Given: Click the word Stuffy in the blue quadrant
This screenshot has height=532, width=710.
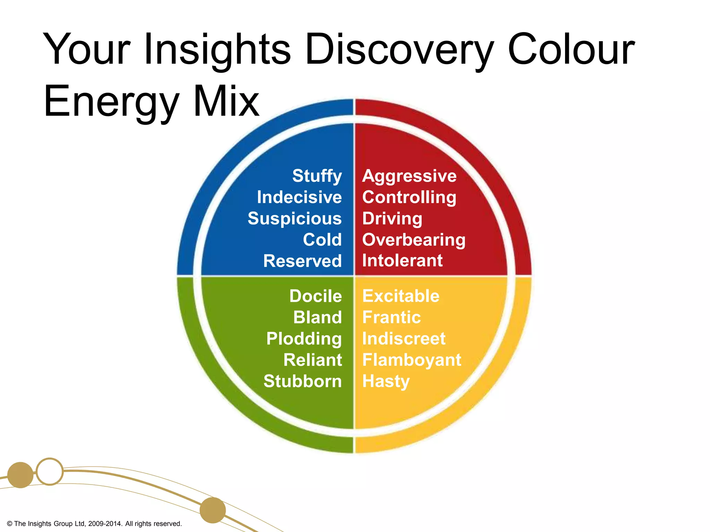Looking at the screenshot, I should [317, 176].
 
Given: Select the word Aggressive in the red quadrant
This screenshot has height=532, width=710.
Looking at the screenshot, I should [409, 176].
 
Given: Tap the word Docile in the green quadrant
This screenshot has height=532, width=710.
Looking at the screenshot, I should [315, 296].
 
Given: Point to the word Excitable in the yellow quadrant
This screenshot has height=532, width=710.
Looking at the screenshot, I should [401, 296].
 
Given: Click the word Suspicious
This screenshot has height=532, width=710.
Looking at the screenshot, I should [295, 219].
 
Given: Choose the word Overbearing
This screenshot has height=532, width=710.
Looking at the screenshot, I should [414, 240].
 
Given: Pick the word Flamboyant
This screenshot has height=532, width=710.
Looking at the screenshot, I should [412, 360].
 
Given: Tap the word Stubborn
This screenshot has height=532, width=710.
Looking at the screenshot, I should [302, 381].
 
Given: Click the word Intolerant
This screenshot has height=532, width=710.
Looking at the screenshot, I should [402, 260].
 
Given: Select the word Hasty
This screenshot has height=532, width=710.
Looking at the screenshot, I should [386, 381].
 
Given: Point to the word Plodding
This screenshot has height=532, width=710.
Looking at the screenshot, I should [304, 339].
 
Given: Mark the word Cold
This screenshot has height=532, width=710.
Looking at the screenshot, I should [322, 240].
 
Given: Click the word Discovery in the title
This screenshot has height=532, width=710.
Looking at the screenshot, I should [399, 50].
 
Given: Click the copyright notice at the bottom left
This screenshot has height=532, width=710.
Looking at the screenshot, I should [94, 524].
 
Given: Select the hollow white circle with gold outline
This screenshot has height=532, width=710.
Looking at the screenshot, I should [50, 471].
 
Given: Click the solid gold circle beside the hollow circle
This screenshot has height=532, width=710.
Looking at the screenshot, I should [20, 475].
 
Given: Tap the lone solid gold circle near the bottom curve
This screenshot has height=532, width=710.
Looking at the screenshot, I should [213, 510].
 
